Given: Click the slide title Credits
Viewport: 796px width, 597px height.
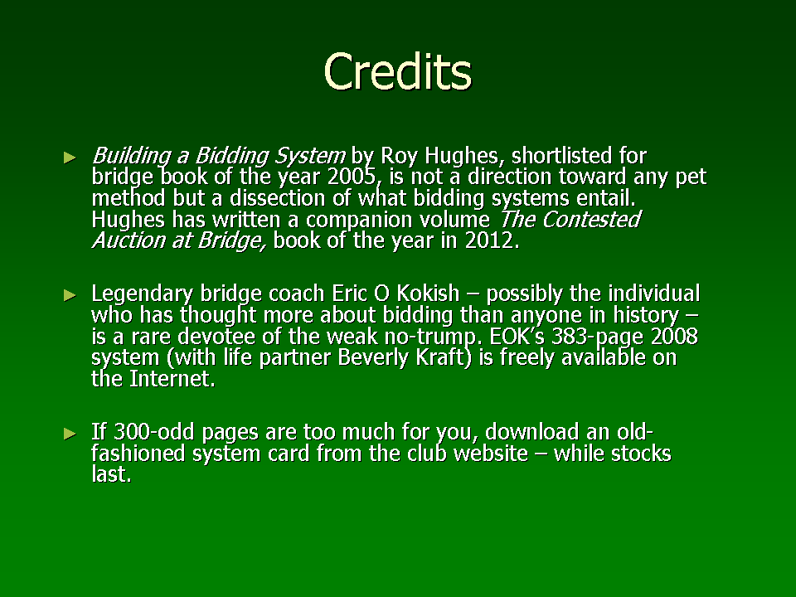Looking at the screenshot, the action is pyautogui.click(x=398, y=71).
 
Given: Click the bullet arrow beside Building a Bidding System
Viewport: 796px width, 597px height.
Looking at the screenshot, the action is pyautogui.click(x=70, y=158).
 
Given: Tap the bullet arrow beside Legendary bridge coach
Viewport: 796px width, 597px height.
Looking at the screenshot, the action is pyautogui.click(x=70, y=295).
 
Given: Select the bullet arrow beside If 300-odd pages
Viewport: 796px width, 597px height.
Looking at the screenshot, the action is pyautogui.click(x=70, y=433).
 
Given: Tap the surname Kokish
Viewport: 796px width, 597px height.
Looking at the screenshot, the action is pyautogui.click(x=428, y=294).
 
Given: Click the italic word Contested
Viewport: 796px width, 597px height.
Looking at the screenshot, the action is pyautogui.click(x=591, y=219).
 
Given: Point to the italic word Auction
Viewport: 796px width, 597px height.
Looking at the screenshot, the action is pyautogui.click(x=129, y=240).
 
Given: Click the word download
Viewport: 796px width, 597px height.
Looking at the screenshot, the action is pyautogui.click(x=532, y=432).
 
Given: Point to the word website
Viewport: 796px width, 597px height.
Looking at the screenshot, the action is pyautogui.click(x=490, y=454).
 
